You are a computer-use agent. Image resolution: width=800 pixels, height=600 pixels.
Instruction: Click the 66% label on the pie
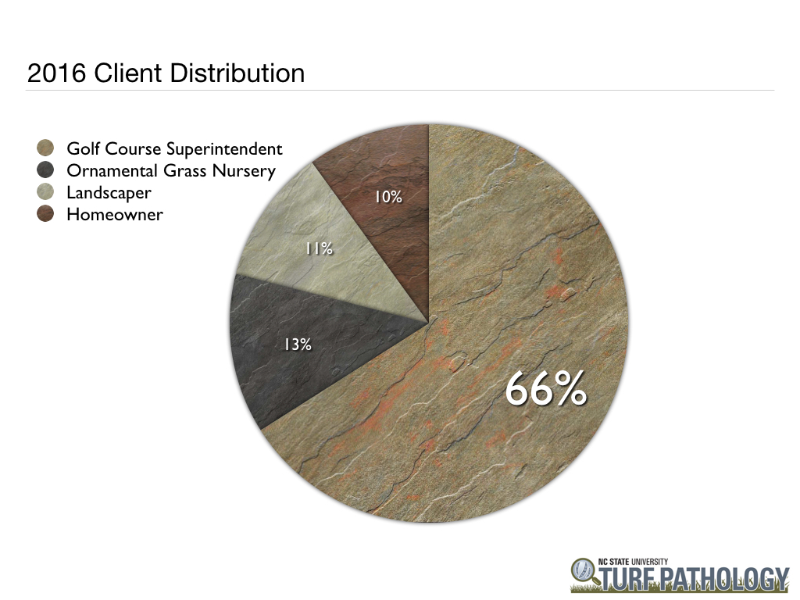[x=546, y=389]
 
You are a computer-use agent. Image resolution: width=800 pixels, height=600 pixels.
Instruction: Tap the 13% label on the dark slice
[x=298, y=345]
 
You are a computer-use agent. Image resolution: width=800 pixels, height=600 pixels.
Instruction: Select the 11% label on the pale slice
[x=320, y=248]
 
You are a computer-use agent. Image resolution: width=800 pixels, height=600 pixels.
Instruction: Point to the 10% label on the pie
[x=388, y=197]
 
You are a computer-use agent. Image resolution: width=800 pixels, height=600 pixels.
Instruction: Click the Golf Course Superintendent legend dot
[x=45, y=148]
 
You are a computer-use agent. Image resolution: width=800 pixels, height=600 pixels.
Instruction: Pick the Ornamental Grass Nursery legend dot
[x=45, y=170]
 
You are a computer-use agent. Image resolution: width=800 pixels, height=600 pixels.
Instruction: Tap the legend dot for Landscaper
[x=45, y=192]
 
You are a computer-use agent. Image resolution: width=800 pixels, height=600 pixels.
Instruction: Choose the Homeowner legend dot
[x=45, y=214]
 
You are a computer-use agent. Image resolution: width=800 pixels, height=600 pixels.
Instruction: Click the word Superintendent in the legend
[x=224, y=149]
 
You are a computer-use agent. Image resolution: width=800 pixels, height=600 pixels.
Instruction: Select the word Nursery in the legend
[x=244, y=171]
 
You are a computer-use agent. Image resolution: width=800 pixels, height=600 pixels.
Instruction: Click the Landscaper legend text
[x=109, y=193]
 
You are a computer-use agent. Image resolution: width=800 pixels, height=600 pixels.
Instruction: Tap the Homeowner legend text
[x=115, y=214]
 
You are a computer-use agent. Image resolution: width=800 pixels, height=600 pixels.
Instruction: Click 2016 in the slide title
[x=56, y=73]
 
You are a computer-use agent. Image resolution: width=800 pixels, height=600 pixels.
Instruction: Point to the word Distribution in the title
[x=237, y=73]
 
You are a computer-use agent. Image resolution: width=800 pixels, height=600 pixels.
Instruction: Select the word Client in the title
[x=129, y=73]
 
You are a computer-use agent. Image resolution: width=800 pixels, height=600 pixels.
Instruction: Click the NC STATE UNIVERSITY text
[x=633, y=562]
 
